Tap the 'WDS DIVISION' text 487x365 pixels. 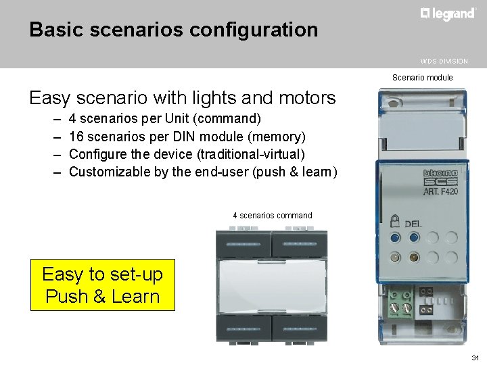coord(443,62)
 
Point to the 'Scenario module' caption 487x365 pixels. coord(423,78)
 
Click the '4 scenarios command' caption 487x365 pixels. coord(273,216)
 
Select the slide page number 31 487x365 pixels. coord(475,357)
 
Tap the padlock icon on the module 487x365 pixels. coord(394,220)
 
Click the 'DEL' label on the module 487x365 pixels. coord(413,224)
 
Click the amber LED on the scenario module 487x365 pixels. coord(414,257)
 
